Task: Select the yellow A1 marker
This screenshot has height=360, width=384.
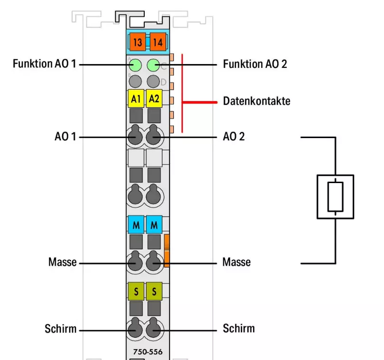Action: (136, 99)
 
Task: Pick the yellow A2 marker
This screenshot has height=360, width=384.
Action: (154, 99)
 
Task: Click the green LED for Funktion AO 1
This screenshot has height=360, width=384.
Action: (136, 65)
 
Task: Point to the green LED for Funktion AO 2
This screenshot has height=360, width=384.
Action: (153, 65)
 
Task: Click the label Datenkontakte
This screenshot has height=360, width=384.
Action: (256, 101)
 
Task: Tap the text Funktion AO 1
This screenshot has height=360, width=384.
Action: (44, 64)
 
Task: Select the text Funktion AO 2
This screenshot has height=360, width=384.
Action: (255, 64)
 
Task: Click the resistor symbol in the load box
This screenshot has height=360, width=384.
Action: (335, 196)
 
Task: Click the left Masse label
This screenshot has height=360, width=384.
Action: (62, 262)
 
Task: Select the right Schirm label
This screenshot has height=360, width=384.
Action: (238, 328)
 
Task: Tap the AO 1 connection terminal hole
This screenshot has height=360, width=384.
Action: (136, 137)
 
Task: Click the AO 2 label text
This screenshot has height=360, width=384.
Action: (234, 137)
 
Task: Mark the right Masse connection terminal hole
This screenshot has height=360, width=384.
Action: (153, 261)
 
